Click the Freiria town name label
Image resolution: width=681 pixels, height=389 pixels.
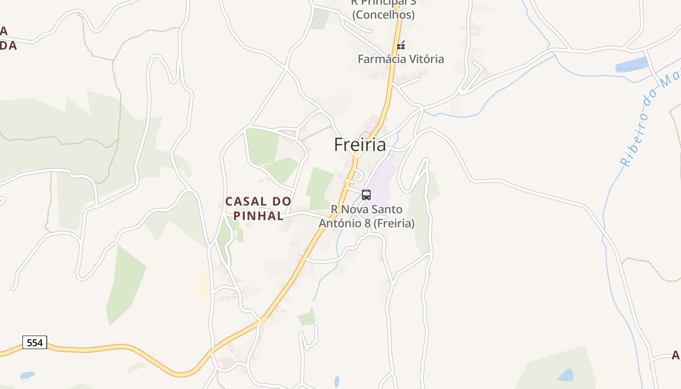[x=360, y=145]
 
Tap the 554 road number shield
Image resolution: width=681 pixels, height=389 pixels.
[x=35, y=342]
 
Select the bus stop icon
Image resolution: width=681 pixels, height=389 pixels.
[x=366, y=195]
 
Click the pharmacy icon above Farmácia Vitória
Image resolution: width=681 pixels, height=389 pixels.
[x=401, y=46]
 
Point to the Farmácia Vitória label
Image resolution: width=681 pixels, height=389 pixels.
[x=401, y=59]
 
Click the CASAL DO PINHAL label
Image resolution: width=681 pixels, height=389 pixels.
[x=258, y=209]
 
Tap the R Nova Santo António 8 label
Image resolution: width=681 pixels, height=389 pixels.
[x=366, y=216]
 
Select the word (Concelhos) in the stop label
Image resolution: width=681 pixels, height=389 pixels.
[x=383, y=15]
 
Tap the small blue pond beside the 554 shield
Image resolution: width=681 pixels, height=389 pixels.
[x=27, y=375]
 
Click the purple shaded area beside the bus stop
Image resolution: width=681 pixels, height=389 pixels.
[x=384, y=182]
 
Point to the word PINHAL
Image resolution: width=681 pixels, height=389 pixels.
[x=259, y=216]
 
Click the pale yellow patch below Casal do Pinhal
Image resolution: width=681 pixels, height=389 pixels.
[x=202, y=285]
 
